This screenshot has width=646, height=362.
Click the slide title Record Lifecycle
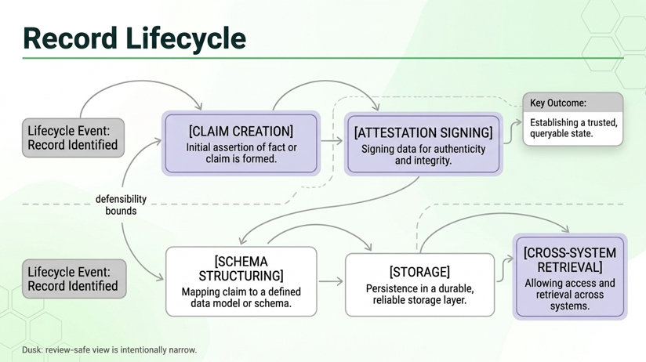point(134,38)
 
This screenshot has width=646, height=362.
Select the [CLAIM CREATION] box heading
point(241,131)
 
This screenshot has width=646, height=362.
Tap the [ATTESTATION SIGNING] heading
point(423,132)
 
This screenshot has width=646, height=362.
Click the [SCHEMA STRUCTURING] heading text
point(241,268)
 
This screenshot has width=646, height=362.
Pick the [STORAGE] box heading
point(419,272)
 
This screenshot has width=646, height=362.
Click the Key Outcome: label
point(558,103)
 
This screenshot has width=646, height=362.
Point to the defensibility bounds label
point(121,205)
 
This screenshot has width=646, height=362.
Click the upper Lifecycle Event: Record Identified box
point(73,138)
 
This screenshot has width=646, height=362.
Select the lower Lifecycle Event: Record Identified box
point(73,279)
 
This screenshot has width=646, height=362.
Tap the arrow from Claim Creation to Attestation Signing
point(332,142)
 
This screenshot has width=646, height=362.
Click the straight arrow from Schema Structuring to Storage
point(331,281)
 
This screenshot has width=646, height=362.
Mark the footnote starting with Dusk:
point(109,350)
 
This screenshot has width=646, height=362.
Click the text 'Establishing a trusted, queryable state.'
point(573,129)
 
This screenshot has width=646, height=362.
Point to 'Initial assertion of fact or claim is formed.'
point(241,154)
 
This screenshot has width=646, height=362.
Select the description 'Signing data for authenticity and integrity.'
point(423,154)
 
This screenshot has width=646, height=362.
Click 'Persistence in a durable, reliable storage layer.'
point(419,295)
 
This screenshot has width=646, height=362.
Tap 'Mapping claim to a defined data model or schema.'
point(241,298)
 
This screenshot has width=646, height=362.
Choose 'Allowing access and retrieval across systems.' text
point(570,294)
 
